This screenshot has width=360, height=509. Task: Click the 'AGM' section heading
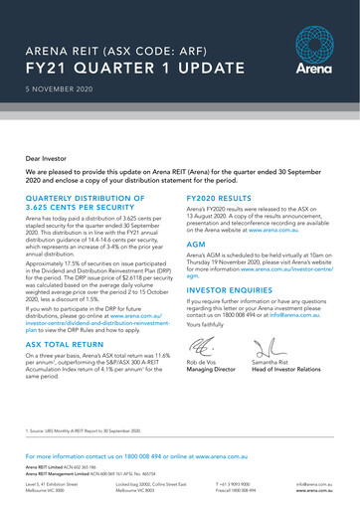196,243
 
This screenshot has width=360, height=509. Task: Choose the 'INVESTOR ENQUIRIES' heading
232,290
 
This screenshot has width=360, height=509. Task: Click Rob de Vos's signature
204,347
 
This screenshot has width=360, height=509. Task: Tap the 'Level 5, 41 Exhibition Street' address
52,482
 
